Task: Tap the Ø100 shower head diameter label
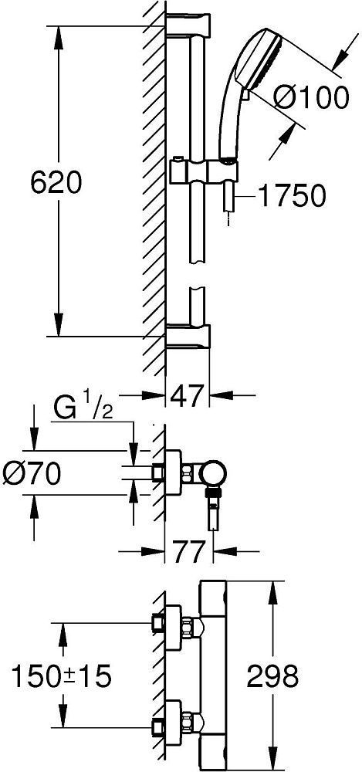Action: (x=311, y=98)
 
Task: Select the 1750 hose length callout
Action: (x=292, y=196)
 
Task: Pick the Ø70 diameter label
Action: (x=32, y=474)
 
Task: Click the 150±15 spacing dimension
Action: (x=62, y=676)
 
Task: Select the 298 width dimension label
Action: (x=272, y=676)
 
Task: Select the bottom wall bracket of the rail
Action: (x=188, y=337)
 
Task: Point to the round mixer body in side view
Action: (x=213, y=474)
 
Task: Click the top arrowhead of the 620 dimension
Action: (x=59, y=35)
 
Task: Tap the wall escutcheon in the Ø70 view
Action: (x=173, y=474)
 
